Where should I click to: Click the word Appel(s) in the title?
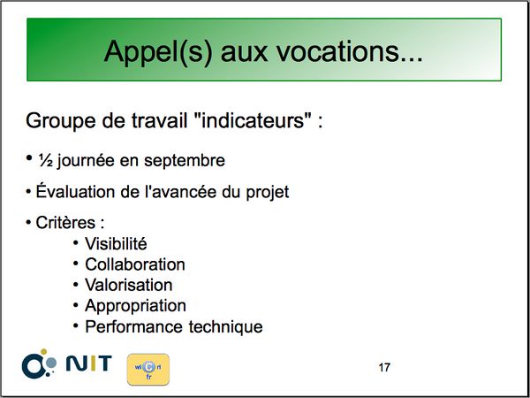pos(158,51)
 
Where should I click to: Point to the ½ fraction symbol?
pos(45,160)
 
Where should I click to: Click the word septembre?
pos(185,161)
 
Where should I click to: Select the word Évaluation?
pos(76,191)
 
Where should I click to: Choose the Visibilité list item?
pos(116,244)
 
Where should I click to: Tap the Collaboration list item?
pos(135,264)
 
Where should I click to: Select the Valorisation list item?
pos(129,285)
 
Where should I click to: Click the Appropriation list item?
pos(135,306)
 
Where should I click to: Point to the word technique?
pos(225,327)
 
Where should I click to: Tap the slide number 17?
pos(384,367)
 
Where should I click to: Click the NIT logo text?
pos(88,364)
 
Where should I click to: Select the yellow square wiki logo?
pos(148,370)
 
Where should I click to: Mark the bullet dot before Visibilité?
pos(75,243)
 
